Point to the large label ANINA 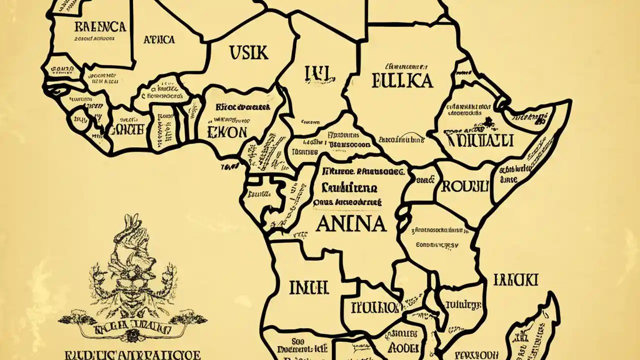click(351, 223)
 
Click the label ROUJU click(463, 186)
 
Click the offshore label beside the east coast click(515, 279)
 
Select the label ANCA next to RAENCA click(158, 39)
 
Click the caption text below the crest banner click(132, 354)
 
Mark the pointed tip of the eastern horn click(569, 103)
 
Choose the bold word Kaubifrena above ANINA click(345, 188)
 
